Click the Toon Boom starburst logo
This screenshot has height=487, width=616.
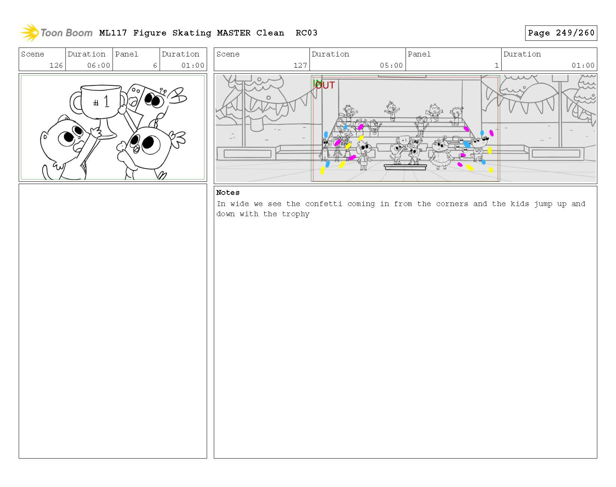point(29,33)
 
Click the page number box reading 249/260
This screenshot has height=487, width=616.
point(561,33)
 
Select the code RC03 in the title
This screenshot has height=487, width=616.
point(307,33)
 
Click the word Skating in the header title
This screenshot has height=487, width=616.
point(192,33)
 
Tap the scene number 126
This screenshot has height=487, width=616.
point(56,65)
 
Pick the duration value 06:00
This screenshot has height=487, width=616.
point(99,65)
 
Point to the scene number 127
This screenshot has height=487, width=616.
point(300,65)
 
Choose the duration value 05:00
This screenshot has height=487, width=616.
point(391,65)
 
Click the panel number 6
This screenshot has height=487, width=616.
point(155,65)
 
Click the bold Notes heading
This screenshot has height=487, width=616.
point(228,193)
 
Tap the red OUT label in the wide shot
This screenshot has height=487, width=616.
point(325,86)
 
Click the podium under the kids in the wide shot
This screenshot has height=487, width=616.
point(406,167)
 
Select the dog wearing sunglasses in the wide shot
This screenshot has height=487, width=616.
point(480,148)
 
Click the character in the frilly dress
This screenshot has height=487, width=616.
point(440,154)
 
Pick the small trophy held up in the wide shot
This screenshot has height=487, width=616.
point(404,141)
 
